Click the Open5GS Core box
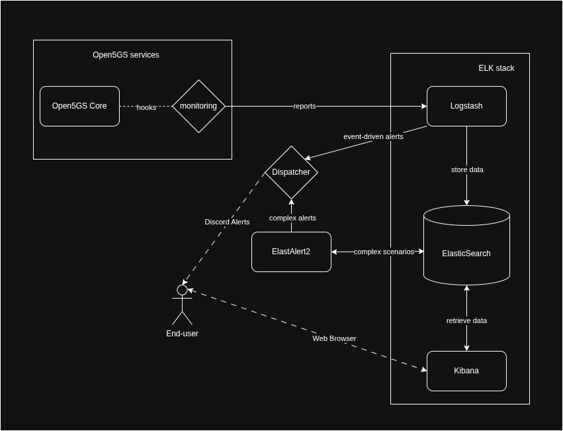(x=79, y=106)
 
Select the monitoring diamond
(x=198, y=106)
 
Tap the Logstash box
(x=466, y=106)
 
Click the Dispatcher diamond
(x=291, y=172)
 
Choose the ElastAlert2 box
(x=291, y=252)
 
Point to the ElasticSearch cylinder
(x=466, y=253)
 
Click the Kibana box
(x=466, y=371)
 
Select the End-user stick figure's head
(x=182, y=290)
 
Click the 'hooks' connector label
(x=146, y=107)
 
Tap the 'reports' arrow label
(x=304, y=106)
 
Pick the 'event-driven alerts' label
(x=373, y=136)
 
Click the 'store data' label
(x=467, y=169)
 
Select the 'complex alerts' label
(x=292, y=218)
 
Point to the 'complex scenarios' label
(x=384, y=252)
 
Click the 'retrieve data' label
(x=466, y=320)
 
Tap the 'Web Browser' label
(x=334, y=338)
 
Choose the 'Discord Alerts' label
(x=227, y=222)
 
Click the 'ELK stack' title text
(x=496, y=68)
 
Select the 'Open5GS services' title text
(x=126, y=55)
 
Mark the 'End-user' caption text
(x=182, y=334)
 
